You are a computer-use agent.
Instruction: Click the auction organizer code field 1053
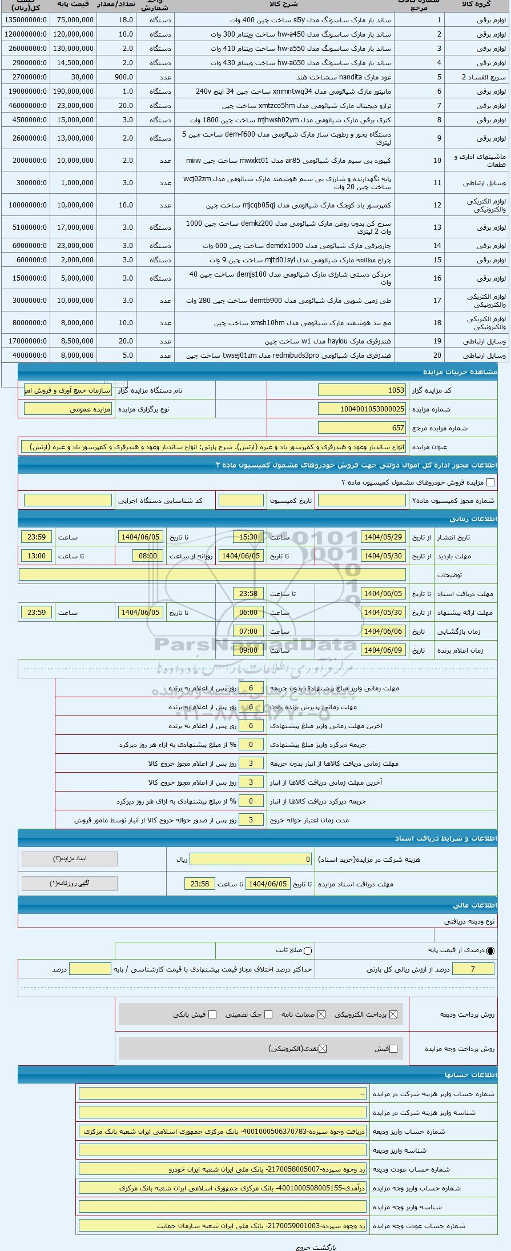[x=361, y=390]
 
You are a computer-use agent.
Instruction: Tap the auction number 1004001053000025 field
[x=361, y=409]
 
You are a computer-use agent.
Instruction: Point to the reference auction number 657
[x=361, y=428]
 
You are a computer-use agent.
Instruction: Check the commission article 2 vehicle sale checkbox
[x=490, y=482]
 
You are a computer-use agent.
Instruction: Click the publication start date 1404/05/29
[x=383, y=537]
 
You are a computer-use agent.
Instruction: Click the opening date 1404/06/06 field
[x=383, y=632]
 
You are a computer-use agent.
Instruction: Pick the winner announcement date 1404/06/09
[x=383, y=650]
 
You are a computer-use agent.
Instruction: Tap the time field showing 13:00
[x=37, y=556]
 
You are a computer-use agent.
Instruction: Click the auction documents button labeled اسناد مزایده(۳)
[x=70, y=859]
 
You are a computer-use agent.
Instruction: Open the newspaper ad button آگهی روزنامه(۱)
[x=70, y=884]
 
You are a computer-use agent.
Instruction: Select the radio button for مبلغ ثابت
[x=308, y=951]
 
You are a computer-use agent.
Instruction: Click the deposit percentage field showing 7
[x=472, y=969]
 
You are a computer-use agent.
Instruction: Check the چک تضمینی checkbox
[x=268, y=1014]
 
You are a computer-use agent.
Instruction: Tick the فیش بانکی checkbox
[x=212, y=1014]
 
